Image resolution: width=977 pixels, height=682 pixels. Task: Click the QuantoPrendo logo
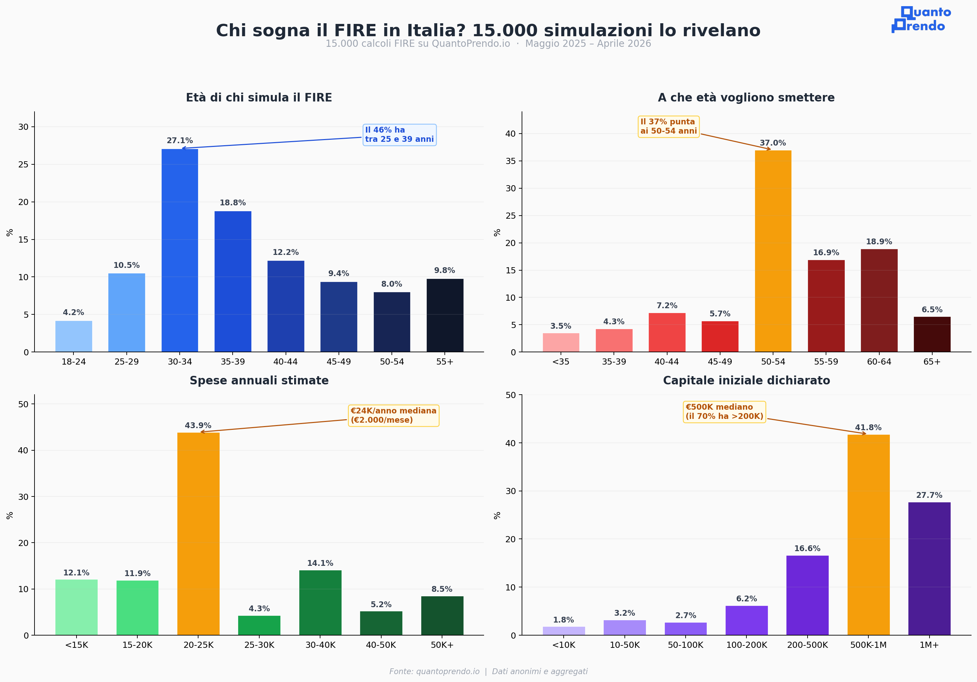tap(921, 19)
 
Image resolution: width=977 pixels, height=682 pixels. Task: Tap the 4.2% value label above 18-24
tap(73, 313)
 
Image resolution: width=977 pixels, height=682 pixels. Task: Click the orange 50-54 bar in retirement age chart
tap(773, 251)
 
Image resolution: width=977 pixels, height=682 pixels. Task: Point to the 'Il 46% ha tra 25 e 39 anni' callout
tap(399, 135)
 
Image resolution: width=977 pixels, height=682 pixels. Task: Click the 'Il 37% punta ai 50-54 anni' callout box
tap(669, 126)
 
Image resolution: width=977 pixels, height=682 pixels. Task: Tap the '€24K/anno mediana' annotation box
tap(393, 415)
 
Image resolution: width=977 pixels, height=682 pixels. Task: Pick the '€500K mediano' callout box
tap(724, 412)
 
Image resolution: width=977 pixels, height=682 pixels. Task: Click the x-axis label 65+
tap(932, 362)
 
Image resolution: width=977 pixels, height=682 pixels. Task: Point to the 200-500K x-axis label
tap(807, 645)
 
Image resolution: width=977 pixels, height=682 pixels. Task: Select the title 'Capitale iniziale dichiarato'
tap(746, 381)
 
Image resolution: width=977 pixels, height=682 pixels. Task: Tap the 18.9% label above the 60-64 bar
tap(879, 242)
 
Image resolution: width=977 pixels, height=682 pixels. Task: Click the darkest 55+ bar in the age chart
tap(445, 315)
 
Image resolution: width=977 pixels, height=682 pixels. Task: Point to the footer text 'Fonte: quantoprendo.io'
tap(434, 671)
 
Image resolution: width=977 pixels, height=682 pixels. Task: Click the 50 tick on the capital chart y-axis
tap(510, 395)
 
